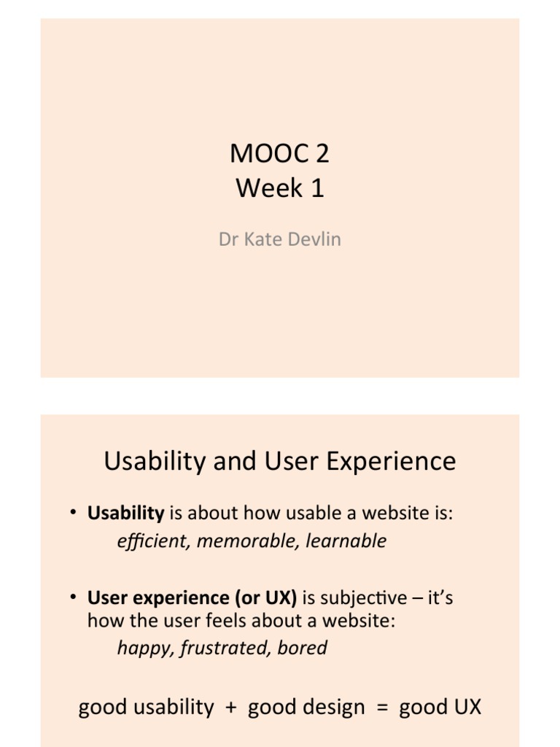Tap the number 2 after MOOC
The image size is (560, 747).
coord(322,153)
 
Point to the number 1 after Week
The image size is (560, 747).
coord(317,189)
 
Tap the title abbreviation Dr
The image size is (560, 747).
coord(229,240)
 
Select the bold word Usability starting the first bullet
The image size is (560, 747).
coord(125,514)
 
